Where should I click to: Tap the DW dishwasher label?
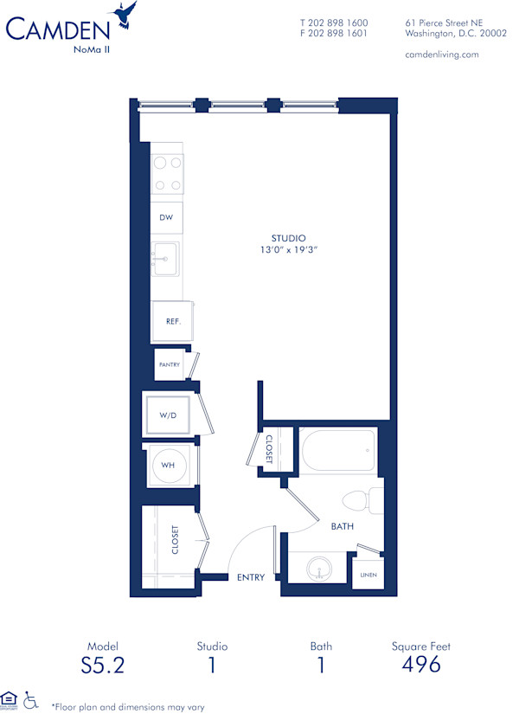164,218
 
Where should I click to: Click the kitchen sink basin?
165,258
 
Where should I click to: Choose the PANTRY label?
169,364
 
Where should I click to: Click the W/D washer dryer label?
168,415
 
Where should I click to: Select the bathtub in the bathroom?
338,450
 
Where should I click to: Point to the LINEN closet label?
368,574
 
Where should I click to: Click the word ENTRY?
250,577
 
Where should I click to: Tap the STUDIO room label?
288,238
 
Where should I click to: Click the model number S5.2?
102,665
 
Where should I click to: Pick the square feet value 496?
421,665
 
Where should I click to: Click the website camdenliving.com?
442,54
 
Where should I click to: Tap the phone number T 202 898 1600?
334,23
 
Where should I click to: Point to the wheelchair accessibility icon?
31,698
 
